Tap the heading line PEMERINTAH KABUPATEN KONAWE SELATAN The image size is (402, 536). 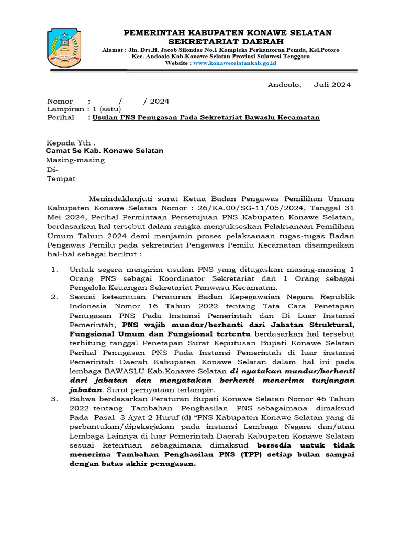pyautogui.click(x=227, y=32)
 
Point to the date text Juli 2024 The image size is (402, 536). pyautogui.click(x=332, y=85)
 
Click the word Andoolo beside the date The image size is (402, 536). pyautogui.click(x=284, y=85)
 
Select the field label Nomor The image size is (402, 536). pyautogui.click(x=60, y=102)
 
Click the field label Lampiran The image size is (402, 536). pyautogui.click(x=65, y=109)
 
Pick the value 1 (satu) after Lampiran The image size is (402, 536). pyautogui.click(x=107, y=109)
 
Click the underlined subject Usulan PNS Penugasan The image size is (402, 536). pyautogui.click(x=206, y=118)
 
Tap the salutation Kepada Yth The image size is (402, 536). pyautogui.click(x=71, y=142)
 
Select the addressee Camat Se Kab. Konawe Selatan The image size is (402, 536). pyautogui.click(x=105, y=151)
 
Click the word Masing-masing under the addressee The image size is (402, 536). pyautogui.click(x=75, y=160)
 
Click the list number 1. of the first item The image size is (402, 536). pyautogui.click(x=54, y=269)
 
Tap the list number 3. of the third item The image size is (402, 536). pyautogui.click(x=54, y=399)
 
